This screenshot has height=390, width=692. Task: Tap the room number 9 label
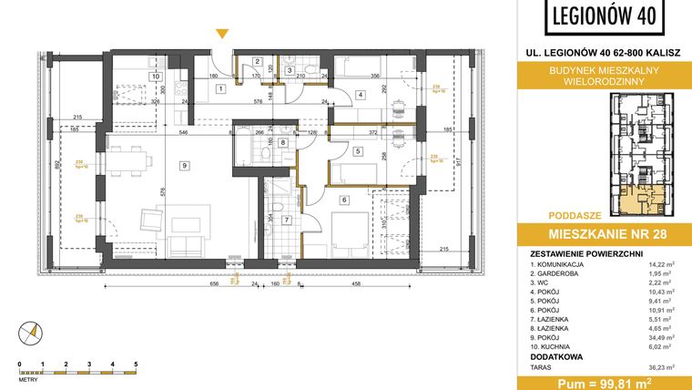point(184,165)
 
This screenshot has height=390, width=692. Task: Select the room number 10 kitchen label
point(156,77)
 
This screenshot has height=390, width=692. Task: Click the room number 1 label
point(220,88)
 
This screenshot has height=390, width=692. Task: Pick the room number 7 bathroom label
point(285,219)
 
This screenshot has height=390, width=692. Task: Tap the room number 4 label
point(360,95)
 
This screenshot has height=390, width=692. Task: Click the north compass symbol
point(34,334)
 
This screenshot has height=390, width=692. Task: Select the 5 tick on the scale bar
point(136,363)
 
